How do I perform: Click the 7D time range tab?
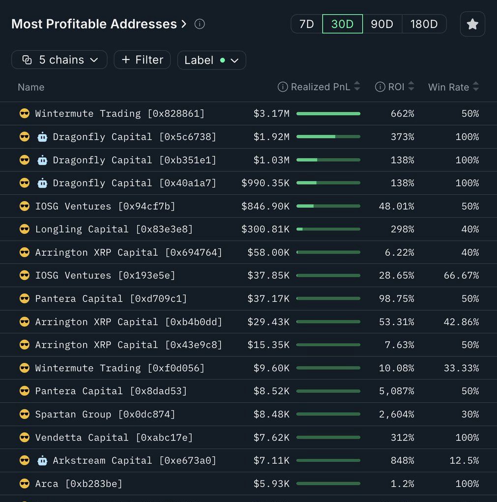(307, 24)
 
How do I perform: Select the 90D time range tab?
(382, 24)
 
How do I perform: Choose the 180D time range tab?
(424, 24)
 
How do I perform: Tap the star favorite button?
(472, 24)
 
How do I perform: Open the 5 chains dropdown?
(59, 60)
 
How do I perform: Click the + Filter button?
(142, 60)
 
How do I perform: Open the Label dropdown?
(211, 60)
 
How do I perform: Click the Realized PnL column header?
(320, 87)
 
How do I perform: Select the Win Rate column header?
(448, 87)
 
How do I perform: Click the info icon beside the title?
(200, 24)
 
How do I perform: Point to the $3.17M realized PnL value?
(271, 114)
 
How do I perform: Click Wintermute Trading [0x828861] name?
(119, 114)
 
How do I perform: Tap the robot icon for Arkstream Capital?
(42, 461)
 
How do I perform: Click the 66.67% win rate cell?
(461, 276)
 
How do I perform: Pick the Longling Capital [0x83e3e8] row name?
(114, 229)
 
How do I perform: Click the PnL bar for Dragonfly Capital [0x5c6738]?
(328, 137)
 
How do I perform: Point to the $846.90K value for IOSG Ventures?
(265, 206)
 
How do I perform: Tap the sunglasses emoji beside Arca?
(24, 484)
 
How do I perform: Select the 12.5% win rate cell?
(464, 461)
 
